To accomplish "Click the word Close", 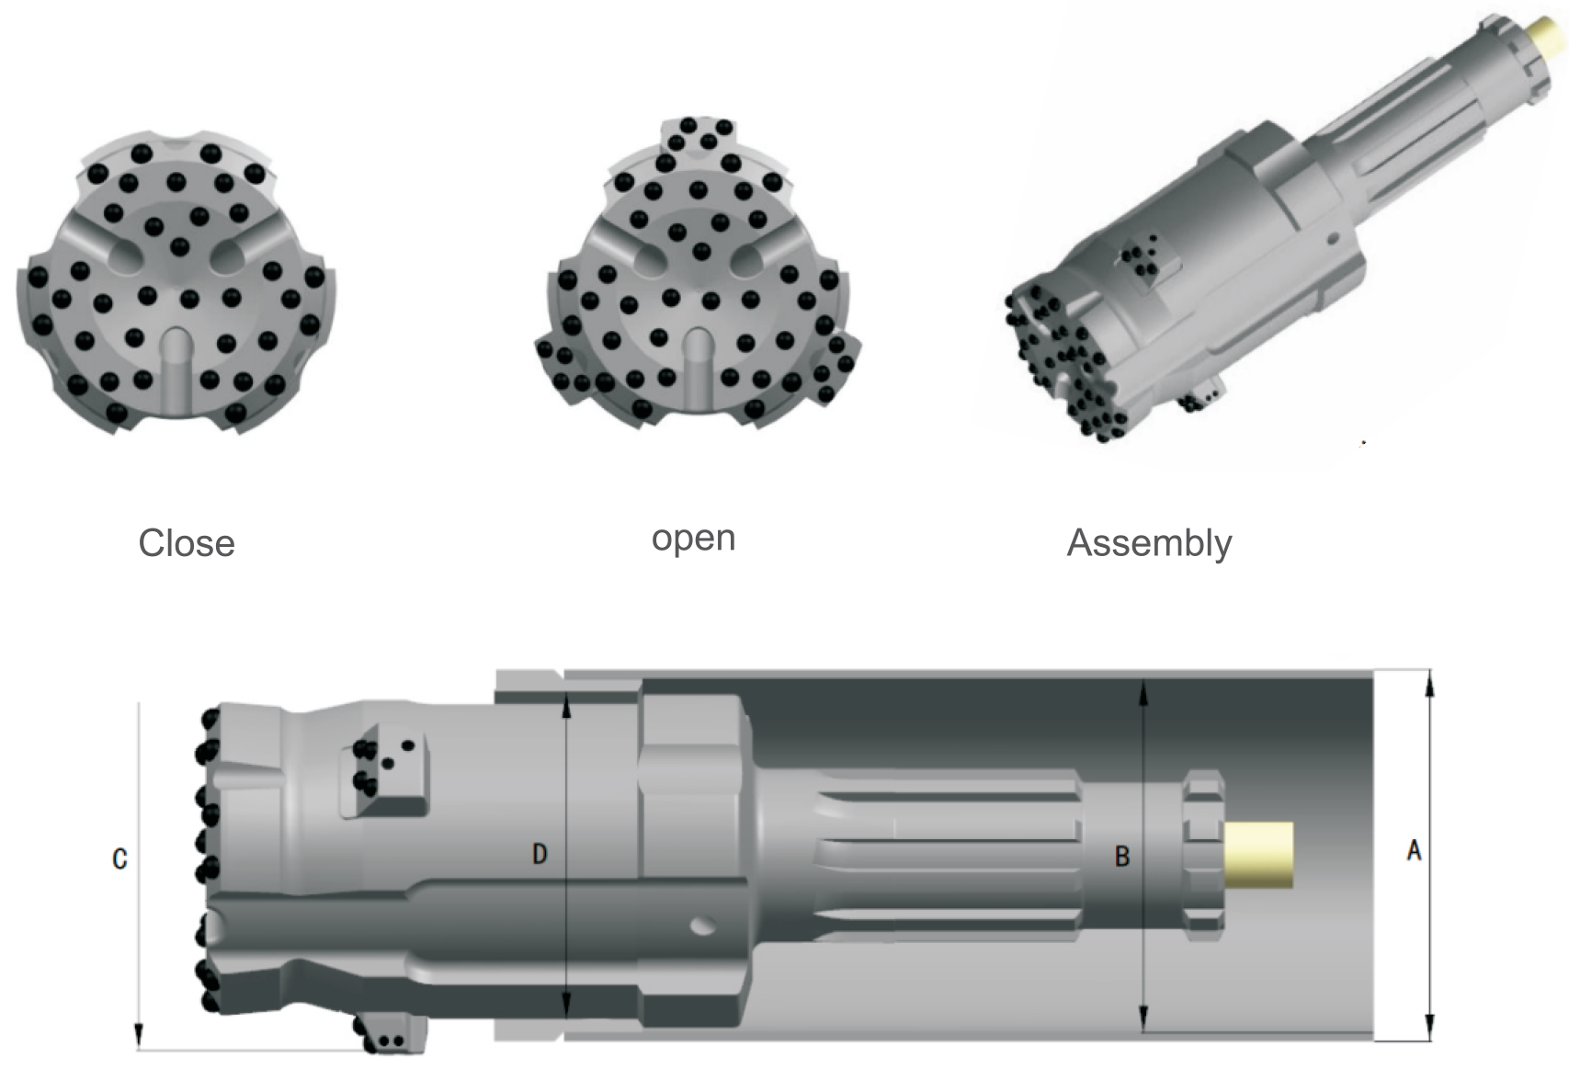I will click(187, 543).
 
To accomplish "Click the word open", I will click(693, 538).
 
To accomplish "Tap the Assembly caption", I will click(1149, 543).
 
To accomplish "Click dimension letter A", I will click(1414, 851).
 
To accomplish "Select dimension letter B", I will click(1121, 857).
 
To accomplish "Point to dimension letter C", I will click(119, 859).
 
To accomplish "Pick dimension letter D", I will click(540, 854).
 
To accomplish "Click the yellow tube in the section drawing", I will click(1259, 855).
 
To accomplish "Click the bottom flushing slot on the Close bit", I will click(175, 372).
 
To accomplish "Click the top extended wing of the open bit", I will click(699, 138).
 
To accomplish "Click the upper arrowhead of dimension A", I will click(1429, 680).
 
